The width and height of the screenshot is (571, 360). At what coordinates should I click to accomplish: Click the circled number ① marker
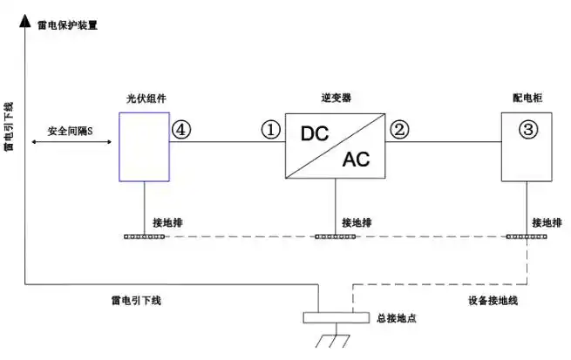(x=271, y=130)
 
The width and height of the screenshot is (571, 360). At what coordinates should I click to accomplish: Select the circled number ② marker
(x=399, y=130)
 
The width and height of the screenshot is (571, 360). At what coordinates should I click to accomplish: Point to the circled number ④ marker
(x=180, y=130)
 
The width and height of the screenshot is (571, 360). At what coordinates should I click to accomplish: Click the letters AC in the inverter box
(x=356, y=160)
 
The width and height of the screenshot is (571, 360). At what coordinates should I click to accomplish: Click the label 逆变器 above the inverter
(x=336, y=98)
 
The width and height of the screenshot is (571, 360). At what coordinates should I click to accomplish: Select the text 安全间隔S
(x=71, y=130)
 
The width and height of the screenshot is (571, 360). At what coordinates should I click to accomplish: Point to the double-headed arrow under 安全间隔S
(x=70, y=141)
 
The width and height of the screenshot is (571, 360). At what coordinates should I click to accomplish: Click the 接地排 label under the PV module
(x=168, y=221)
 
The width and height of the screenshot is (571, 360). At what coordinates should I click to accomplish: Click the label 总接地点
(x=396, y=319)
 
